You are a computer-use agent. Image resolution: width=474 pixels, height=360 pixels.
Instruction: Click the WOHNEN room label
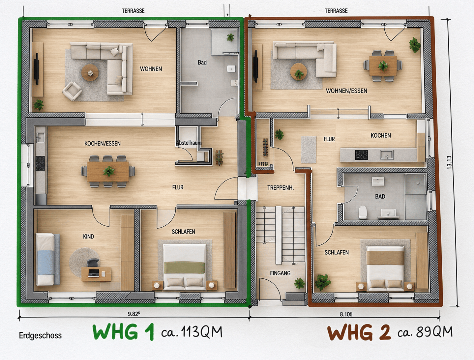151,69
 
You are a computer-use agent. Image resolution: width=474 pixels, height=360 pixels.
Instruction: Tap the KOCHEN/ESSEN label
103,143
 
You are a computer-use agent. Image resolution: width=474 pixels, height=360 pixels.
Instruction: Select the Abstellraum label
189,143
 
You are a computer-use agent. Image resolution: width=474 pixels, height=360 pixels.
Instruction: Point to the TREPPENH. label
281,188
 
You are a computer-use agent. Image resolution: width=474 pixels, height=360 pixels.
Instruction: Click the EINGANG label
280,273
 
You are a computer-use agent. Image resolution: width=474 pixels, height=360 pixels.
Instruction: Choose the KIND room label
89,236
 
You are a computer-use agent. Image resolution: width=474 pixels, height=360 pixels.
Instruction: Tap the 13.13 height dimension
449,162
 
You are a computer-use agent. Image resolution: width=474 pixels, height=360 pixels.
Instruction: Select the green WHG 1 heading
123,332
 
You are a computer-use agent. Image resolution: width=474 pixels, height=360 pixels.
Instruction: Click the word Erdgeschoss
40,335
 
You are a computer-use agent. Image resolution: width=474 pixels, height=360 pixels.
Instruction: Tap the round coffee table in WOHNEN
90,73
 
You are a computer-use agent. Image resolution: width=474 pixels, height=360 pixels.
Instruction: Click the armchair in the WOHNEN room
72,91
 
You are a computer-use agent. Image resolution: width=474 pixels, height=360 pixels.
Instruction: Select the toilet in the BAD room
363,212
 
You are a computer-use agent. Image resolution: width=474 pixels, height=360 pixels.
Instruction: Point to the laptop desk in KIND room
96,274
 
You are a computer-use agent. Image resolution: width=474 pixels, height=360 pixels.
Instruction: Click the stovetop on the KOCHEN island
361,155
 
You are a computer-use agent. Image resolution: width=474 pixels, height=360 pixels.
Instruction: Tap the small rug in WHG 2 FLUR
309,150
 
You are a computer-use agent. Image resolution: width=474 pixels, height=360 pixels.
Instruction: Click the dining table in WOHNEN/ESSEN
383,66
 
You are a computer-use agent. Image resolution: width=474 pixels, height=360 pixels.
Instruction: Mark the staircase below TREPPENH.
280,235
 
